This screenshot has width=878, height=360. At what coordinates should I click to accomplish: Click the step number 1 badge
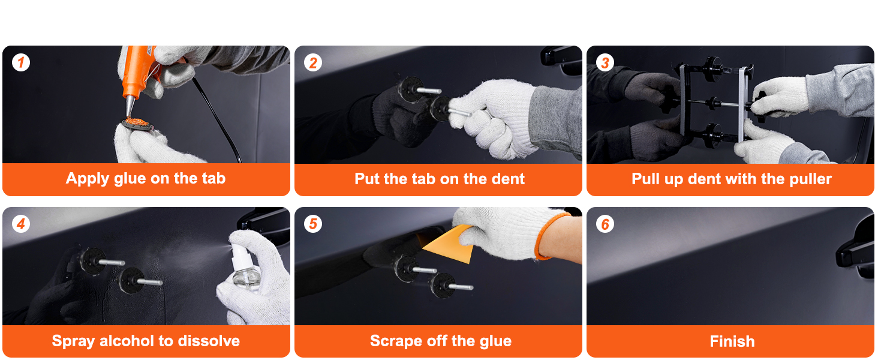click(21, 62)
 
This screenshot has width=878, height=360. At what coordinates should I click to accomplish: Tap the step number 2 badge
click(313, 63)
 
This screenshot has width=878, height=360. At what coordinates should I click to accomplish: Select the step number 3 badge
click(605, 63)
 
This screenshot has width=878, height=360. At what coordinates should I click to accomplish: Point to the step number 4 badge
click(21, 224)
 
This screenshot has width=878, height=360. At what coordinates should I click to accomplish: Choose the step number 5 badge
click(313, 224)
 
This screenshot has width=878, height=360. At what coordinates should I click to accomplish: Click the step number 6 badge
click(605, 225)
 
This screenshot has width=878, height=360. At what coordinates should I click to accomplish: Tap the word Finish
click(732, 341)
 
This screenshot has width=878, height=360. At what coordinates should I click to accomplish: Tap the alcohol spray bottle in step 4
click(245, 266)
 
